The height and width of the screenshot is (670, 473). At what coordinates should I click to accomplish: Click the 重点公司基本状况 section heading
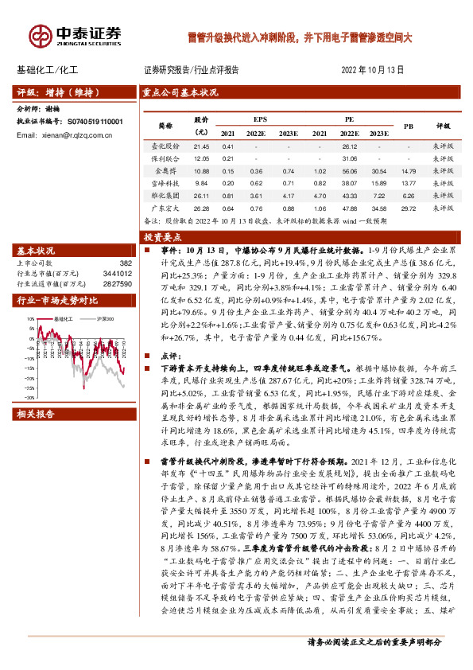pos(180,92)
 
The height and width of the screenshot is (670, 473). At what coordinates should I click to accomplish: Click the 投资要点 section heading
pos(163,237)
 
